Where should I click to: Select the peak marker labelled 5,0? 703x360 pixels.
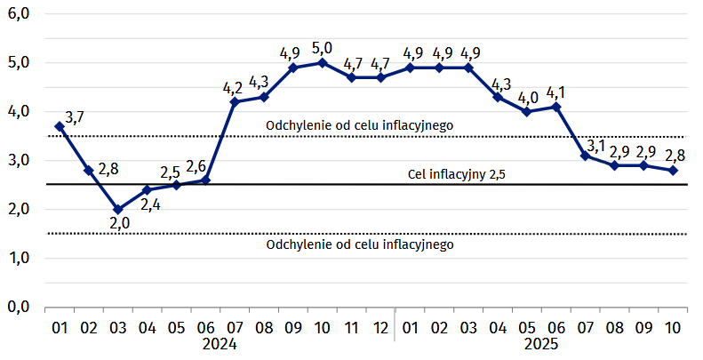[x=322, y=62]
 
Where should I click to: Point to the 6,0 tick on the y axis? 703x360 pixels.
[x=19, y=14]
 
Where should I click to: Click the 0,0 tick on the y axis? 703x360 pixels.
[x=19, y=307]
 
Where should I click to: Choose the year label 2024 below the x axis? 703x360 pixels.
[x=220, y=344]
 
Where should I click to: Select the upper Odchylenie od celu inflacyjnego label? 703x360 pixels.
[x=360, y=125]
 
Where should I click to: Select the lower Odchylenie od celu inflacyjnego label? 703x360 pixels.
[x=360, y=244]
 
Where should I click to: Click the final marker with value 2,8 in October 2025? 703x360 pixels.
[x=673, y=171]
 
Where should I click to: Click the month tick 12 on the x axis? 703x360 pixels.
[x=379, y=327]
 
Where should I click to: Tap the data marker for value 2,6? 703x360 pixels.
[x=205, y=180]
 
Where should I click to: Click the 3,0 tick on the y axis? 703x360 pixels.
[x=19, y=160]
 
